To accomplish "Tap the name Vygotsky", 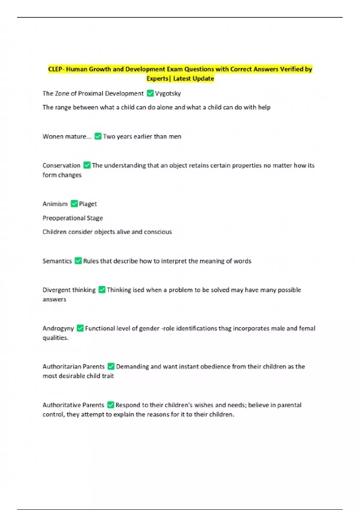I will click(x=168, y=94).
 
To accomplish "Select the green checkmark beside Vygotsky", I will click(x=150, y=94).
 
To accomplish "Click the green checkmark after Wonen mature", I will click(x=98, y=136).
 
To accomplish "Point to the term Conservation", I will click(x=61, y=165).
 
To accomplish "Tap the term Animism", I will click(x=55, y=204).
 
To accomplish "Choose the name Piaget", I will click(x=88, y=204).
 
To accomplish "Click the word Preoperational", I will click(x=64, y=218).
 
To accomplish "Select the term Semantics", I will click(x=57, y=261).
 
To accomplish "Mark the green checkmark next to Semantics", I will click(x=78, y=261).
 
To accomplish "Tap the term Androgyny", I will click(x=58, y=328).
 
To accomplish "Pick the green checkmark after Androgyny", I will click(x=80, y=328).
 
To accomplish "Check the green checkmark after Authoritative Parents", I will click(x=111, y=405).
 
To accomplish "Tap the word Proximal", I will click(x=90, y=94).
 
